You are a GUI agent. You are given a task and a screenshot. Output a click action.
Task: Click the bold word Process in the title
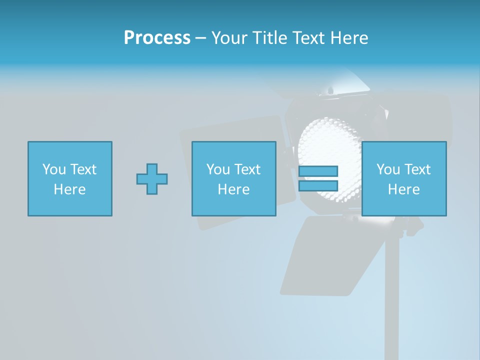(x=157, y=38)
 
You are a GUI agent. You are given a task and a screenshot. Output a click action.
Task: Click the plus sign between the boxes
(x=152, y=178)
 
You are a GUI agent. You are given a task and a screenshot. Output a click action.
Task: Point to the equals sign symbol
(x=318, y=178)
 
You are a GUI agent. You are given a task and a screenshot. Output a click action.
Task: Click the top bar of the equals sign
(x=318, y=171)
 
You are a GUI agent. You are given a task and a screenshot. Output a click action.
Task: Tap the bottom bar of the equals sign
(x=318, y=185)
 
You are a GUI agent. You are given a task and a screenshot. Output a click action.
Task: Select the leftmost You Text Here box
(x=70, y=178)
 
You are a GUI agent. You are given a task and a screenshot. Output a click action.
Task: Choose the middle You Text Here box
(x=233, y=178)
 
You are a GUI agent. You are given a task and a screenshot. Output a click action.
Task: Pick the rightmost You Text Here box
(x=403, y=178)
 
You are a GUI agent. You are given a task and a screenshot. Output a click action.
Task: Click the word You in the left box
(x=54, y=169)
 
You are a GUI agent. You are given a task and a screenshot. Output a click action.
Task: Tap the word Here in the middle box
(x=233, y=189)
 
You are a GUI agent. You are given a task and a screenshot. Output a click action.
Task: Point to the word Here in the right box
(x=403, y=189)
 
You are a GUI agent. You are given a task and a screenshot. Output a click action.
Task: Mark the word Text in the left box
(x=82, y=169)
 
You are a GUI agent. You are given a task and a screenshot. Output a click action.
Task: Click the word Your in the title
(x=228, y=38)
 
